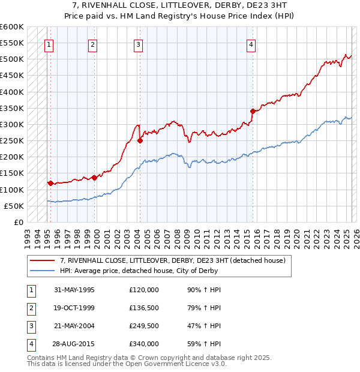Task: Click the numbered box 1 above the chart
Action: (49, 44)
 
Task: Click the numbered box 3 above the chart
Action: (138, 44)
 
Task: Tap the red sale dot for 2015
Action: (253, 111)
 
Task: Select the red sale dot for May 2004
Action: (140, 141)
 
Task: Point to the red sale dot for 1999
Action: (94, 178)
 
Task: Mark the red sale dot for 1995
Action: (50, 183)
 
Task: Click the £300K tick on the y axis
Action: (12, 125)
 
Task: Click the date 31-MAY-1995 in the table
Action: (74, 290)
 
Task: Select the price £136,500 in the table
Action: (144, 308)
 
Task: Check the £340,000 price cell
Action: (144, 344)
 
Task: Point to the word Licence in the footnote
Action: (186, 364)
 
